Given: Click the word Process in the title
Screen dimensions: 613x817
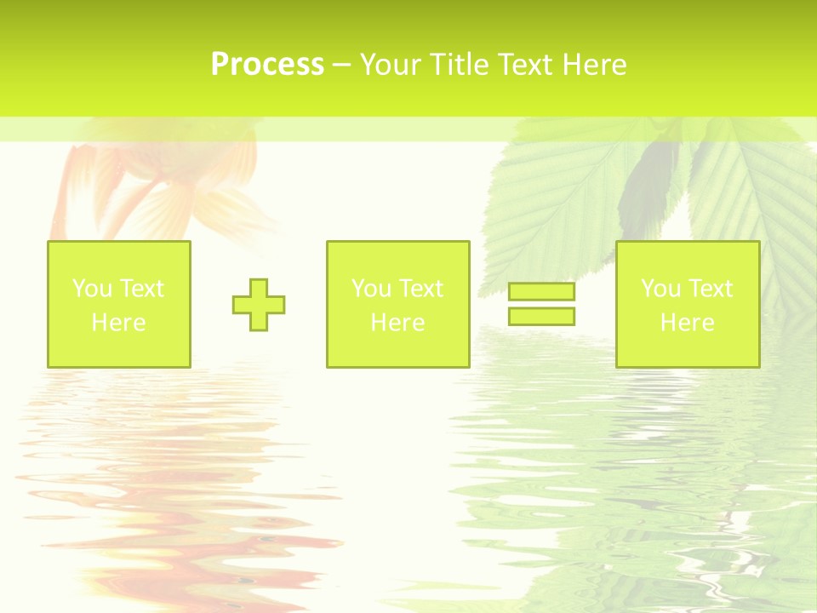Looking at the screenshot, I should pyautogui.click(x=267, y=65).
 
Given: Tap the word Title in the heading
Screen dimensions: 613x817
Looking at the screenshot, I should pyautogui.click(x=457, y=65).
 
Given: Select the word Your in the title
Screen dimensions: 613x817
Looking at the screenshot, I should pyautogui.click(x=391, y=65).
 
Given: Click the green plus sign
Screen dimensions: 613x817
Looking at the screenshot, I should pyautogui.click(x=259, y=305).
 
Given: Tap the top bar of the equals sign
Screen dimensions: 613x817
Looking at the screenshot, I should pyautogui.click(x=541, y=292).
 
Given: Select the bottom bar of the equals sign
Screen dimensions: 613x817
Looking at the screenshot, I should pyautogui.click(x=541, y=316).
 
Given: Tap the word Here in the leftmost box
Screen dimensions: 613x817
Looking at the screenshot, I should pyautogui.click(x=118, y=323).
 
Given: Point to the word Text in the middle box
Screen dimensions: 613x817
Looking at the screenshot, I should pyautogui.click(x=420, y=289).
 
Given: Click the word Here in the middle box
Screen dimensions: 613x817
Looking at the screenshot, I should pyautogui.click(x=397, y=323).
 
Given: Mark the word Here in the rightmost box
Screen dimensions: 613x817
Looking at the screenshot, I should pyautogui.click(x=687, y=323).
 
